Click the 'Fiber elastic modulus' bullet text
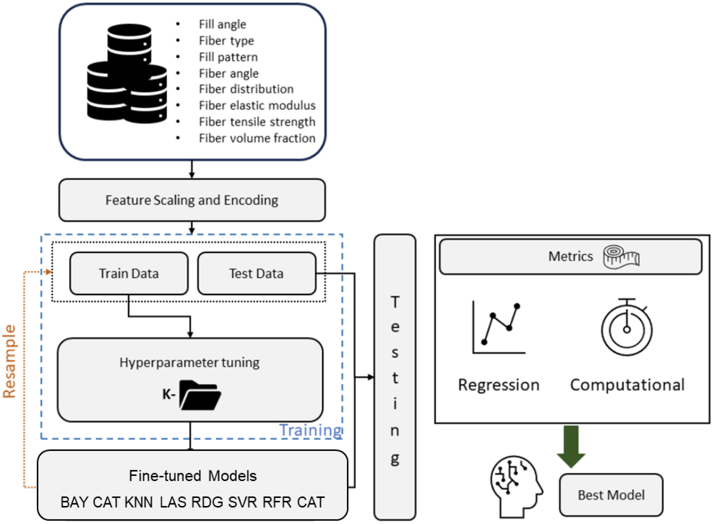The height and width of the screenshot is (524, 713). click(x=257, y=105)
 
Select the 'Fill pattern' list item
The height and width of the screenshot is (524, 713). click(x=228, y=57)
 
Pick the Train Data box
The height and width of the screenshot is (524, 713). click(x=129, y=273)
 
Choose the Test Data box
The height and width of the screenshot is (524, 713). click(x=256, y=273)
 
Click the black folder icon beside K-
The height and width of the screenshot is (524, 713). click(x=200, y=395)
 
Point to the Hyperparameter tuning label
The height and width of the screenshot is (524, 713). click(x=189, y=362)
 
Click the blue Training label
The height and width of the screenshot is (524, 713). click(x=310, y=430)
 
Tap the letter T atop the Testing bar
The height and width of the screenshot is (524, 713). click(x=395, y=302)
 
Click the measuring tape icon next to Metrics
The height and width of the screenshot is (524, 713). click(x=621, y=257)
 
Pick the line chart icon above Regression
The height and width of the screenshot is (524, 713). click(x=498, y=327)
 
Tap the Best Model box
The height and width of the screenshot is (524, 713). click(x=611, y=495)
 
